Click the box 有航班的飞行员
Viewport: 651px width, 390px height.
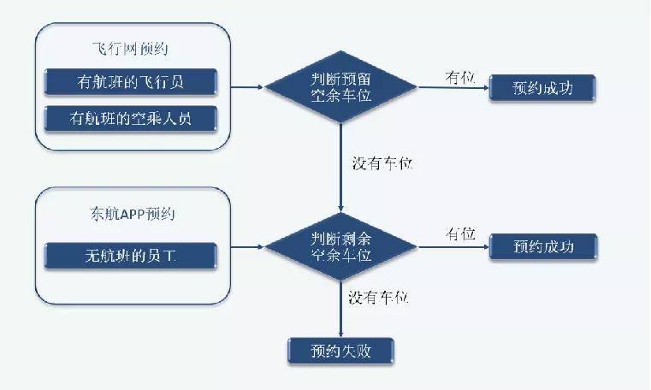[x=130, y=82]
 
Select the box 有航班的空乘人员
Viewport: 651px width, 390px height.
[x=130, y=118]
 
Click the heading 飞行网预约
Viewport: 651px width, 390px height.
[x=133, y=47]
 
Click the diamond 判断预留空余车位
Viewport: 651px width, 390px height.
[x=340, y=87]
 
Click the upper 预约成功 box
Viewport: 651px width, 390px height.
[x=542, y=87]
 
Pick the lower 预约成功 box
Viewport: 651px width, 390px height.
[x=542, y=247]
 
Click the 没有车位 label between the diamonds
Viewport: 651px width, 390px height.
[x=382, y=163]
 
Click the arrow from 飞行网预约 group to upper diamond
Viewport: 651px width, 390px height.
[x=248, y=87]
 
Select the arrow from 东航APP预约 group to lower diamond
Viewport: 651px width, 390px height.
[x=248, y=247]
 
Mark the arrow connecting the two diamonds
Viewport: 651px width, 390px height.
[x=340, y=171]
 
